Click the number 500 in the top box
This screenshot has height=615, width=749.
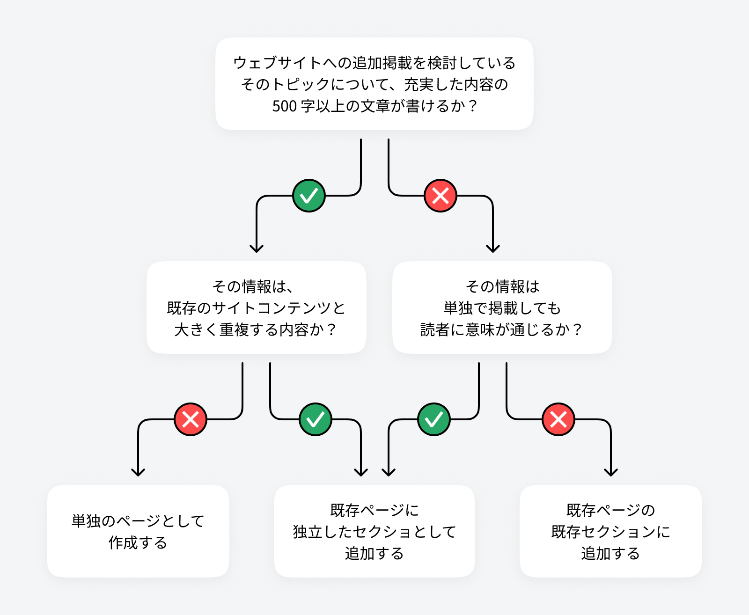click(284, 106)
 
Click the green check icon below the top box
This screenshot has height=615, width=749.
click(309, 196)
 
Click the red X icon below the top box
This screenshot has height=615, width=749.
click(441, 196)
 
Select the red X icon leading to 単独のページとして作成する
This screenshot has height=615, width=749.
click(191, 419)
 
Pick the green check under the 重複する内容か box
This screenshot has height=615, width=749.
click(316, 419)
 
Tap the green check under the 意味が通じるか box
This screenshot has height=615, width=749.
click(434, 419)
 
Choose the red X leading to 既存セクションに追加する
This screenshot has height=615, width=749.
click(558, 419)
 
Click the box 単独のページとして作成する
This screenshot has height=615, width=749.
click(138, 531)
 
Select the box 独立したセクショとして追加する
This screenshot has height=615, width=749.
click(374, 531)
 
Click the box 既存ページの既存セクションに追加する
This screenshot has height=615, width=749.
click(610, 531)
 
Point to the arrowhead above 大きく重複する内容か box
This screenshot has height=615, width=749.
click(257, 248)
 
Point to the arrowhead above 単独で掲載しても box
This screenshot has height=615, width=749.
click(493, 248)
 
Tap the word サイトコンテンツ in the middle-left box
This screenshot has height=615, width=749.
click(272, 308)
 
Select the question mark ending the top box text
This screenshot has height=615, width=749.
click(472, 106)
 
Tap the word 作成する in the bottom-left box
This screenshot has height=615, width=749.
click(138, 543)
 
